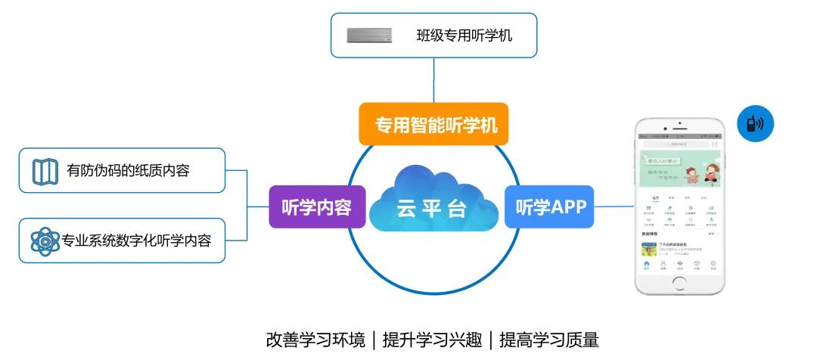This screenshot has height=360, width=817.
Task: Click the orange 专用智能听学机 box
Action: click(433, 125)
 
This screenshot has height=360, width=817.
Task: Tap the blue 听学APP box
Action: click(551, 206)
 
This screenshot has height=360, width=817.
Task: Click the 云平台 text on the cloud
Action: click(432, 209)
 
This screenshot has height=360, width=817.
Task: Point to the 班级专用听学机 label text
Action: click(464, 35)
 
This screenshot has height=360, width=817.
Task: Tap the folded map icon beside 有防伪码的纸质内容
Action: click(45, 171)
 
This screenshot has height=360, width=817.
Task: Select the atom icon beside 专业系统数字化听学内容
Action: click(45, 241)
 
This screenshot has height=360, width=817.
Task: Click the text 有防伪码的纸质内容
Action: click(128, 171)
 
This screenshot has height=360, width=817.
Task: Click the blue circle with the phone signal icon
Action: click(756, 124)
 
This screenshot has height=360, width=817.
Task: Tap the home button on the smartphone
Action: click(679, 284)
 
